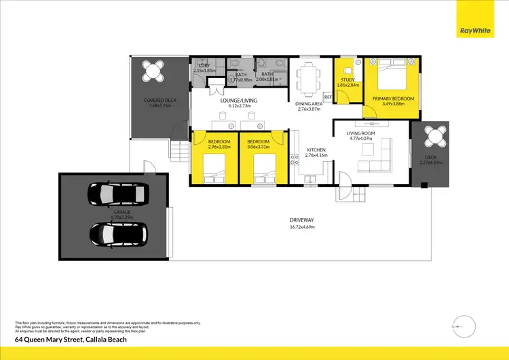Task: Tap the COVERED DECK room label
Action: coord(160,101)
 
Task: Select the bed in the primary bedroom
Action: coord(392,73)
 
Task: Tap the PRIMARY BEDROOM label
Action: coord(393,98)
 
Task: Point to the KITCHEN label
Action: coord(316,149)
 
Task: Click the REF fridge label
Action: coord(327,98)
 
